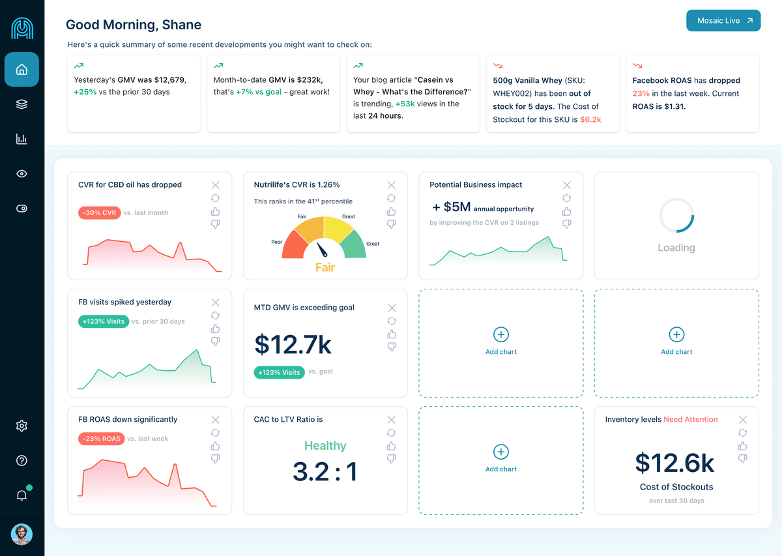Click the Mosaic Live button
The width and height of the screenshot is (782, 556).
tap(723, 21)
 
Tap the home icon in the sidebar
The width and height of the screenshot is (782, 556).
tap(22, 70)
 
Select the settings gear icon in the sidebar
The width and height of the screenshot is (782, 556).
tap(22, 426)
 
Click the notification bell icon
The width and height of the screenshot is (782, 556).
tap(22, 495)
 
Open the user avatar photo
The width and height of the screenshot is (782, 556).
tap(22, 534)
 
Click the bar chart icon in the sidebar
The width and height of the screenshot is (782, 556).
tap(22, 139)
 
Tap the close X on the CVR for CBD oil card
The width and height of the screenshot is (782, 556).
tap(216, 185)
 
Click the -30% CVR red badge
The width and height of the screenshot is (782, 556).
tap(100, 213)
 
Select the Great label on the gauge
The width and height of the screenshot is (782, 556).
tap(373, 244)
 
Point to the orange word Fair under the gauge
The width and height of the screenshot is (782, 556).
tap(325, 267)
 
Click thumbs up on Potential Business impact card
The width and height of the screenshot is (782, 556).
tap(567, 211)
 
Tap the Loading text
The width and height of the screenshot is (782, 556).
tap(676, 248)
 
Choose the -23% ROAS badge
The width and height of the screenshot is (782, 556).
tap(102, 439)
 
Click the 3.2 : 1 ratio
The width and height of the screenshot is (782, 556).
tap(325, 472)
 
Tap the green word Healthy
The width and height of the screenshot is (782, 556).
tap(325, 446)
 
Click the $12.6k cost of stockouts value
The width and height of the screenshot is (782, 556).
tap(675, 463)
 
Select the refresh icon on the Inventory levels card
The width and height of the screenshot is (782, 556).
tap(743, 433)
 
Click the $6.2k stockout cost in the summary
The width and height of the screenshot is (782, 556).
tap(590, 120)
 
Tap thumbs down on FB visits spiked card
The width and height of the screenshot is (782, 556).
tap(216, 342)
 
